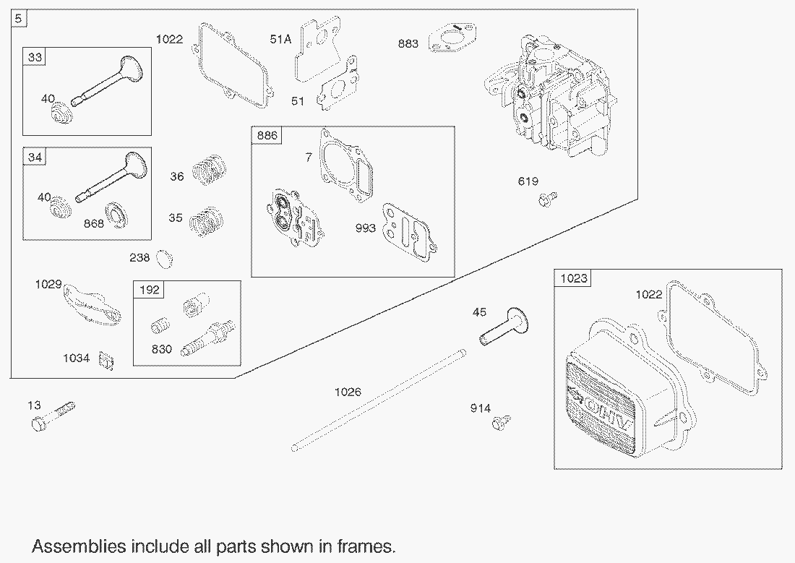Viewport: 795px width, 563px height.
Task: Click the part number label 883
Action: click(x=408, y=43)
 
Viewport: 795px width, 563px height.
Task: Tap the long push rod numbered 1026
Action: click(x=378, y=400)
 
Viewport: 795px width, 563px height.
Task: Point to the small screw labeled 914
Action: click(x=502, y=422)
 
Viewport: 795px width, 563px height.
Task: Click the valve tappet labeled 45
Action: click(x=504, y=327)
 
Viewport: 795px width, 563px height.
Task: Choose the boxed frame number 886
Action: click(x=267, y=135)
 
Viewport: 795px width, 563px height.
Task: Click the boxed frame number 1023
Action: click(x=574, y=278)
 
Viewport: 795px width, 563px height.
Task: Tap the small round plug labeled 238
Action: click(x=164, y=259)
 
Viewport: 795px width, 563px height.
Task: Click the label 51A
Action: click(x=280, y=39)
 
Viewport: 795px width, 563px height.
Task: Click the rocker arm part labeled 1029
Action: click(x=92, y=304)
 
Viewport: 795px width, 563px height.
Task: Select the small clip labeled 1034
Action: click(x=106, y=361)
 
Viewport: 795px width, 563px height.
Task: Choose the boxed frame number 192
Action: click(x=149, y=290)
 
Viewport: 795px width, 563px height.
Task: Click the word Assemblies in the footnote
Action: click(x=79, y=546)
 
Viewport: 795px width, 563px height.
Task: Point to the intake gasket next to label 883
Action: click(x=452, y=38)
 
